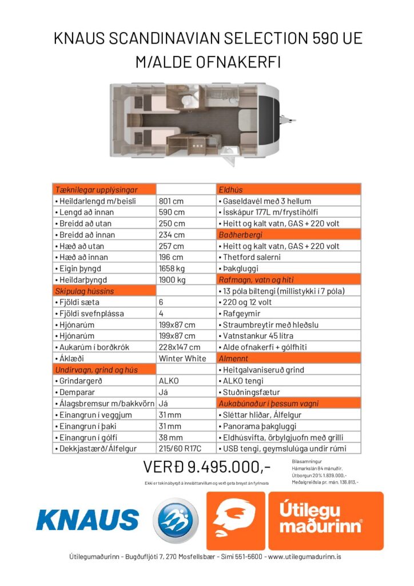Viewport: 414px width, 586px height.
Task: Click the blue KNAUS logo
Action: pos(87,520)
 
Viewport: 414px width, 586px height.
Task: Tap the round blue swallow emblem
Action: pos(175,521)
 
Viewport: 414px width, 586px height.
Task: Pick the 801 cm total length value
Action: pos(170,201)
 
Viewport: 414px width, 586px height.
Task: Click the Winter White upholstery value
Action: pos(183,358)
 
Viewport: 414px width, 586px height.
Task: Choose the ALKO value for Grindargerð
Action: pos(169,381)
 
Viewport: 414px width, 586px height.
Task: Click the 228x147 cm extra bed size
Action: pos(179,347)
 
